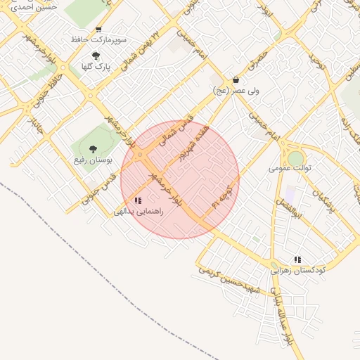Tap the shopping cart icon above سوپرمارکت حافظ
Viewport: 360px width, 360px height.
[98, 30]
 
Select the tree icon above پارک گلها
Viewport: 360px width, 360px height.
[96, 56]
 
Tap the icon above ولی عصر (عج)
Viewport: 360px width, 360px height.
[235, 80]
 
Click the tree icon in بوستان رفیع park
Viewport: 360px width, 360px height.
[93, 149]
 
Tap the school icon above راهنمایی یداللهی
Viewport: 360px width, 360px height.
[137, 200]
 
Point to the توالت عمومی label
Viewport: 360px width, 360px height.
[290, 168]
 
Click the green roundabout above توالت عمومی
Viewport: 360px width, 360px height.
[295, 157]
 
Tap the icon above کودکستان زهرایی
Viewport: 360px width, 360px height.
[297, 259]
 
